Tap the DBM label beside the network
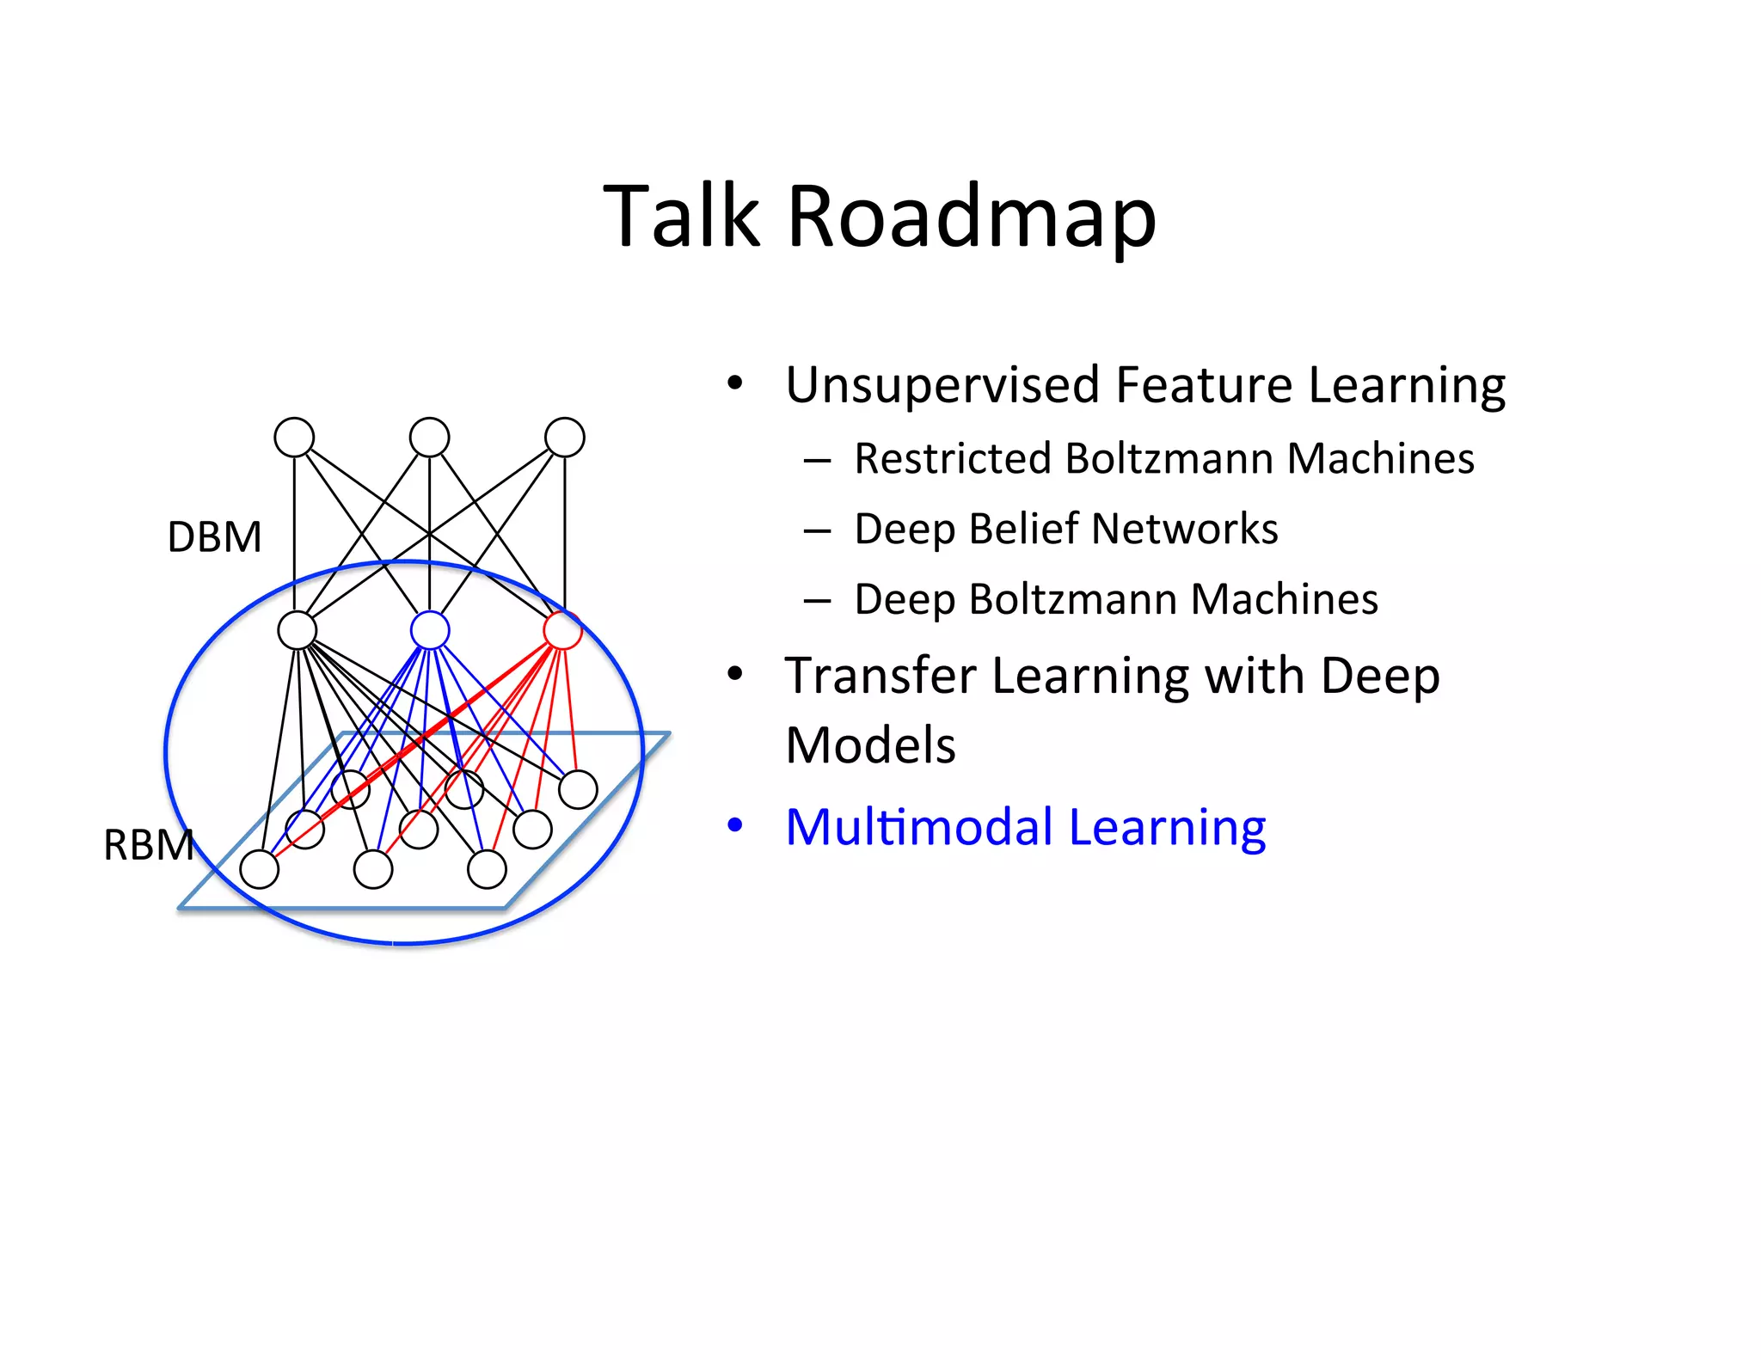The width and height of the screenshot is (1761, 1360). (x=214, y=537)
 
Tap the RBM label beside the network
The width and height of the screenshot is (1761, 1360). (x=148, y=845)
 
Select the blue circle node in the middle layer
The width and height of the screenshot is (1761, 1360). (x=430, y=630)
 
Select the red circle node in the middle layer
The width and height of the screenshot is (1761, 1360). (x=563, y=630)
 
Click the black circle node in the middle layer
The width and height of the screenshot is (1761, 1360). (x=298, y=630)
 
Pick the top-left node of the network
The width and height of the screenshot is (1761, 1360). (x=294, y=438)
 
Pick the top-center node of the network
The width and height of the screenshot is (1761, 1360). (x=430, y=438)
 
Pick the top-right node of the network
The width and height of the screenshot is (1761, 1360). (x=565, y=438)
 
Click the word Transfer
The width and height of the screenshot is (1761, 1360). (x=879, y=676)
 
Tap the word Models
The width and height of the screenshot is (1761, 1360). (x=870, y=745)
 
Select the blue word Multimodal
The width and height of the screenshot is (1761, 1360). (x=918, y=828)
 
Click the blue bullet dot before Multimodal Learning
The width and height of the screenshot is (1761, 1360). (x=734, y=825)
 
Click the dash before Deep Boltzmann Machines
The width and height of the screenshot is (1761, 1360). (x=817, y=601)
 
